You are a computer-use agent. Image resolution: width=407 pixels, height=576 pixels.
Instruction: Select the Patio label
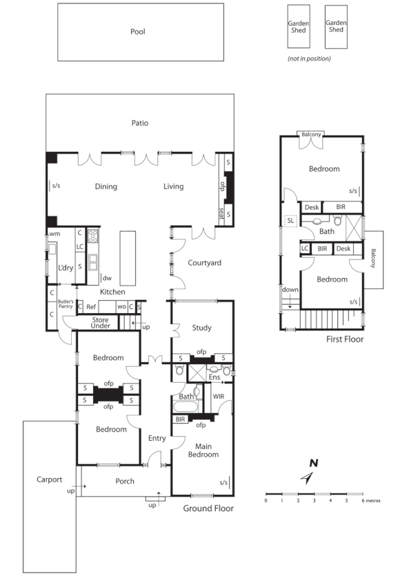tap(140, 123)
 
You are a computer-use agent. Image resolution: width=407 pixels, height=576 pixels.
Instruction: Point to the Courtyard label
tap(204, 263)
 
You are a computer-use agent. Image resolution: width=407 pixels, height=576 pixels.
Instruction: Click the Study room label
tap(202, 328)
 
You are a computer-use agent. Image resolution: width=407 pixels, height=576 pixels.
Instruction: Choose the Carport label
tap(50, 479)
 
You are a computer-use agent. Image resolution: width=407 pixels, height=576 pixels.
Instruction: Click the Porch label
tap(125, 481)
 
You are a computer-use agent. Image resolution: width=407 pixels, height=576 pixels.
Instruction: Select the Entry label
tap(157, 438)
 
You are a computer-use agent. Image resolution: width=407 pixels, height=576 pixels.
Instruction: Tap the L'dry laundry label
tap(65, 267)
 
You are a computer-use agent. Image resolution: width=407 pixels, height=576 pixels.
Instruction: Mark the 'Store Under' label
tap(101, 323)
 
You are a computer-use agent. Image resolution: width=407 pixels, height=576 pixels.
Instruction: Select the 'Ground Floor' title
tap(208, 508)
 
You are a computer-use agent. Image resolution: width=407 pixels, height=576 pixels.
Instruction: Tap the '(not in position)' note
tap(309, 59)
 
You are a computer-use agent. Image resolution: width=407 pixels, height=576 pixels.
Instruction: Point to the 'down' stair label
tap(290, 290)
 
